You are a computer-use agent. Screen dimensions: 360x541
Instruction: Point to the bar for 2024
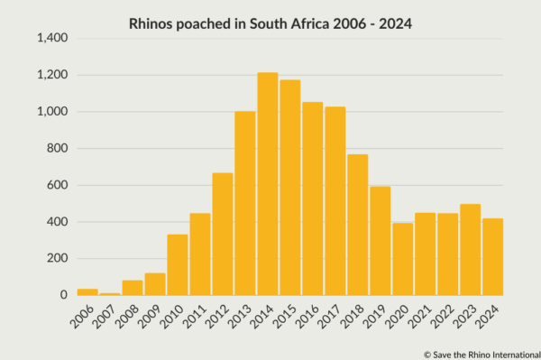click(492, 257)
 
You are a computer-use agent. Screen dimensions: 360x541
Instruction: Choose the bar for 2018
click(357, 225)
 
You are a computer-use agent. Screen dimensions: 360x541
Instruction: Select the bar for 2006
click(87, 291)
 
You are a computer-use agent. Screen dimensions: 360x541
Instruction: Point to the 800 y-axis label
click(58, 149)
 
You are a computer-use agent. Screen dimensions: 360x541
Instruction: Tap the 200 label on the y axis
click(58, 259)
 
